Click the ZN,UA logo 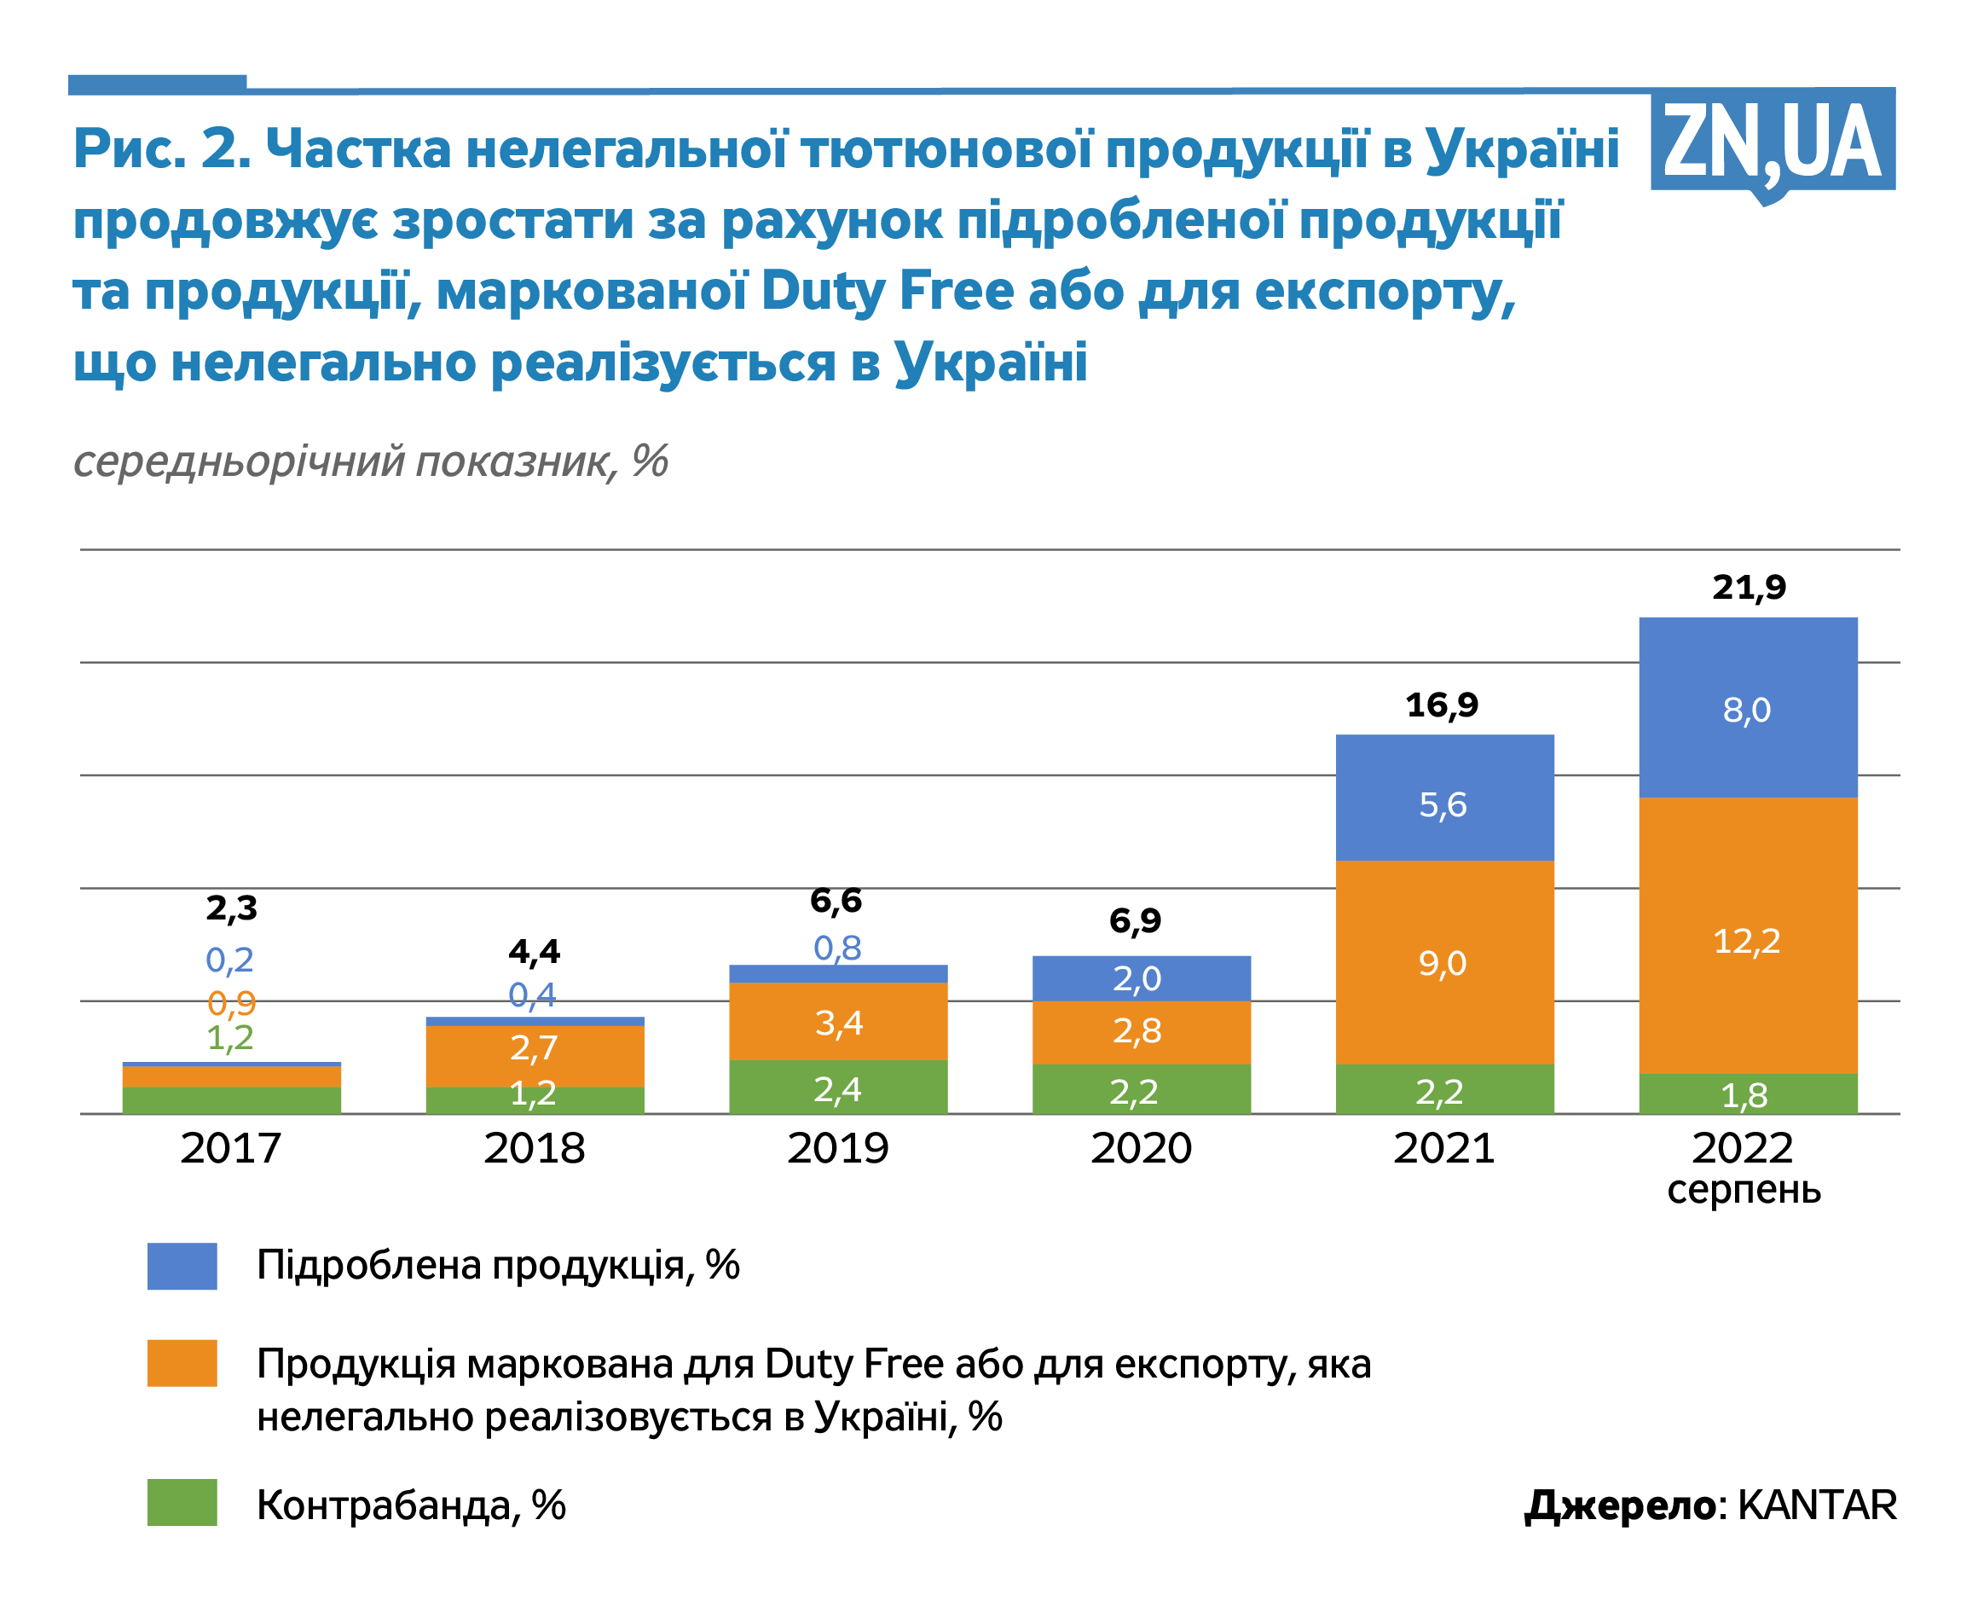(x=1771, y=143)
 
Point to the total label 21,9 (x=1748, y=588)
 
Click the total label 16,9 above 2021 (x=1441, y=705)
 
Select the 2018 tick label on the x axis (x=534, y=1148)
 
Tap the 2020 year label (x=1141, y=1148)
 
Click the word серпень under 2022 (x=1744, y=1190)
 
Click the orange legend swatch (x=182, y=1363)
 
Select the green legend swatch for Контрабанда (x=182, y=1502)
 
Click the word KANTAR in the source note (x=1816, y=1505)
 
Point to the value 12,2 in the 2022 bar (x=1746, y=941)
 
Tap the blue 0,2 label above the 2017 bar (x=229, y=960)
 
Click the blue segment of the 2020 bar (x=1141, y=977)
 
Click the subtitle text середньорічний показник (x=345, y=461)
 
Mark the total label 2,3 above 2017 (x=231, y=908)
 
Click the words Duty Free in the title (x=888, y=292)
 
